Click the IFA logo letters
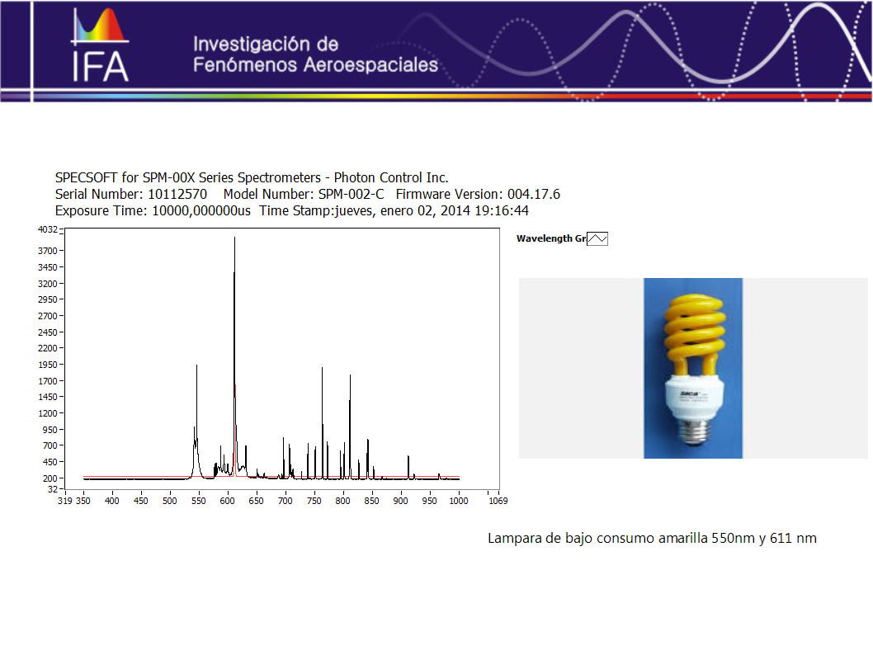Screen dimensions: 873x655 [101, 68]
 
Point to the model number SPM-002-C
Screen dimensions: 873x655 [351, 194]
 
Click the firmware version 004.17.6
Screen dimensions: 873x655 [533, 194]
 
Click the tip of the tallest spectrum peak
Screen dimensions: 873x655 [234, 238]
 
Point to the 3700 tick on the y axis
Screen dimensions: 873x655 [62, 251]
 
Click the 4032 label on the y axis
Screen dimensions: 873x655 [47, 229]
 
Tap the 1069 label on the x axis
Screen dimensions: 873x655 [498, 501]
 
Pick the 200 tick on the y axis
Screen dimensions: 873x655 [62, 478]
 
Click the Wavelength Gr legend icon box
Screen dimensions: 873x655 [597, 238]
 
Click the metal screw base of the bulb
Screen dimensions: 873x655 [693, 430]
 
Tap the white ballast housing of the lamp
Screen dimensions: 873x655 [694, 397]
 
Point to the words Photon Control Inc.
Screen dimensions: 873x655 [391, 177]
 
